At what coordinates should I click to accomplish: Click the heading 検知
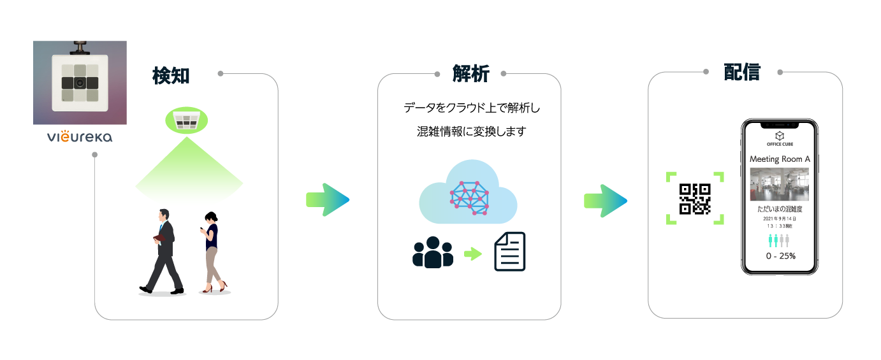coord(171,75)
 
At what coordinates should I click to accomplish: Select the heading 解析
coord(470,74)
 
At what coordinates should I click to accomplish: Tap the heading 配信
coord(742,72)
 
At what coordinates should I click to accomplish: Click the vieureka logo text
coord(80,137)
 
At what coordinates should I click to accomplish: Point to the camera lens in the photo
coord(80,83)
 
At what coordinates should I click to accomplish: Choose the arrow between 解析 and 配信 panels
coord(605,200)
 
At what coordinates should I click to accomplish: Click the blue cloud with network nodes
coord(469,192)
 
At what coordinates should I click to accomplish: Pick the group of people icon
coord(433,252)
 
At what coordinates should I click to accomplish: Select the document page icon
coord(510,252)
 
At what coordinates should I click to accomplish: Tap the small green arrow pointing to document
coord(472,254)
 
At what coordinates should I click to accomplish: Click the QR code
coord(695,198)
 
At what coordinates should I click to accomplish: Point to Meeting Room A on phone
coord(780,159)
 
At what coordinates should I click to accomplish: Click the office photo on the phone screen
coord(780,184)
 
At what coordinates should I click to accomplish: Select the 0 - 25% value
coord(780,256)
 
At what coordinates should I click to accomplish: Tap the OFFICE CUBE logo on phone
coord(780,140)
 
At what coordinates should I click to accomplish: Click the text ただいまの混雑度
coord(780,209)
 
